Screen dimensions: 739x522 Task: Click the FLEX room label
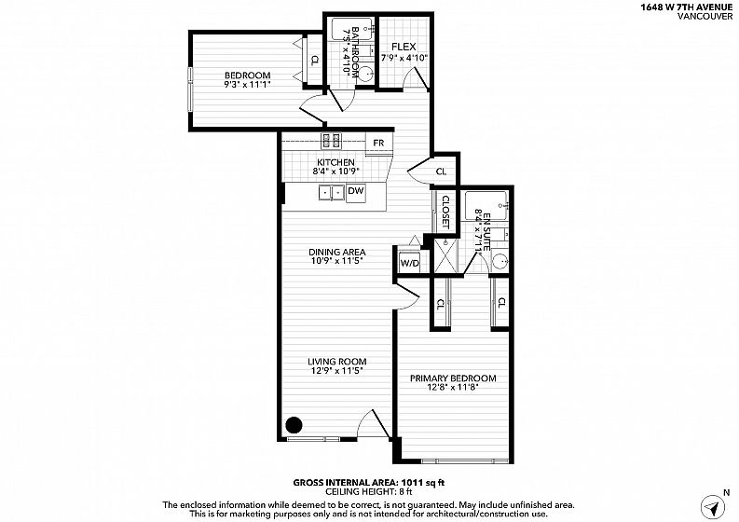[x=404, y=47]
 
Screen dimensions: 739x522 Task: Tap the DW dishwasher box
[x=356, y=193]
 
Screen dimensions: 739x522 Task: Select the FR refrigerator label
[x=378, y=143]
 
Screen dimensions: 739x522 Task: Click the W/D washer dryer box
[x=409, y=262]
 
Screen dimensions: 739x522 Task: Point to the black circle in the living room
[x=294, y=425]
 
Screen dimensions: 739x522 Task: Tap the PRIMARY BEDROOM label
[x=453, y=378]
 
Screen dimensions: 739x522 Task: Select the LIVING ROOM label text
[x=337, y=362]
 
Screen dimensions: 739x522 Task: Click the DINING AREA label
[x=337, y=253]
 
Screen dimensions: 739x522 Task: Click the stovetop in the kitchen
[x=332, y=141]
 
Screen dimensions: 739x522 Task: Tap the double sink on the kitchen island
[x=332, y=193]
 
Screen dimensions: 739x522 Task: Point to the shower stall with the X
[x=445, y=255]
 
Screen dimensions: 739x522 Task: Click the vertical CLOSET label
[x=445, y=212]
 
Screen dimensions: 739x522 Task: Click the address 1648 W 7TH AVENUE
[x=686, y=7]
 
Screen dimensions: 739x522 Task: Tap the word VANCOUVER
[x=705, y=16]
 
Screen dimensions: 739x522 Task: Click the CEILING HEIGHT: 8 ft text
[x=368, y=492]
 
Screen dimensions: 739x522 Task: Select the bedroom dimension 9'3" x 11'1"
[x=248, y=85]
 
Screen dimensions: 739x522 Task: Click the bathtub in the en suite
[x=486, y=205]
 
